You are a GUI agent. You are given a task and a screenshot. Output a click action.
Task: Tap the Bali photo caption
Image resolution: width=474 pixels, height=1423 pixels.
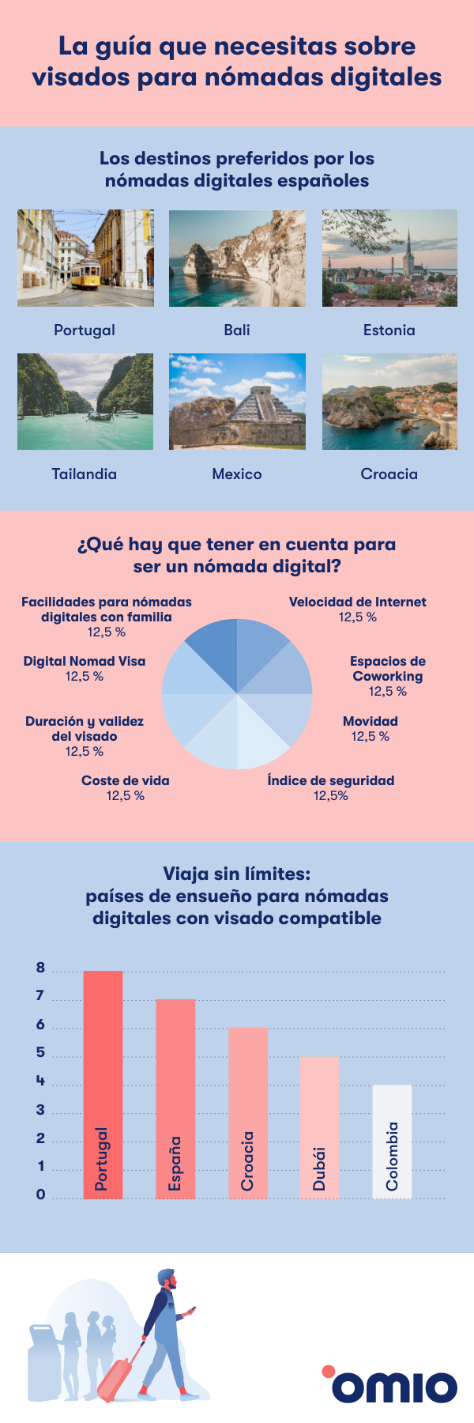tap(237, 330)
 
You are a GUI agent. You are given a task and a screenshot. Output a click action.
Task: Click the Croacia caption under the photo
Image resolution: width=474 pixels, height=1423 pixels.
tap(389, 474)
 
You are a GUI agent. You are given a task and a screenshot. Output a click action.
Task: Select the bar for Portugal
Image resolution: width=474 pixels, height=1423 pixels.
tap(103, 1083)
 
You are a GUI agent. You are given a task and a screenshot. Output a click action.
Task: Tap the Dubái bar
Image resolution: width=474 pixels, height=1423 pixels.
tap(319, 1127)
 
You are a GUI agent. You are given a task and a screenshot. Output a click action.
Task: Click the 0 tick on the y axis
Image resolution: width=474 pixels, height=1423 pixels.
tap(40, 1195)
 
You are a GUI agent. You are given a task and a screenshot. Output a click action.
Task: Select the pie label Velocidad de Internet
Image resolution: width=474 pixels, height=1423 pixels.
tap(357, 602)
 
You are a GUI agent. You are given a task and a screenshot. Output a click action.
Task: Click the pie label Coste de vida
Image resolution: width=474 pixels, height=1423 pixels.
tap(125, 781)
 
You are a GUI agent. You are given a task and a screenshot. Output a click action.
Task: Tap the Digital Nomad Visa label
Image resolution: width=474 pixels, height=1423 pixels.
tap(85, 662)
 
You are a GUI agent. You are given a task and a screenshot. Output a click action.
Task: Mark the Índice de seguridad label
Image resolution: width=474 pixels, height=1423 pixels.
tap(330, 781)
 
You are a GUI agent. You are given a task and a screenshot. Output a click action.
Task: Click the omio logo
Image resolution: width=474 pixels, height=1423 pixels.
tap(390, 1383)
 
